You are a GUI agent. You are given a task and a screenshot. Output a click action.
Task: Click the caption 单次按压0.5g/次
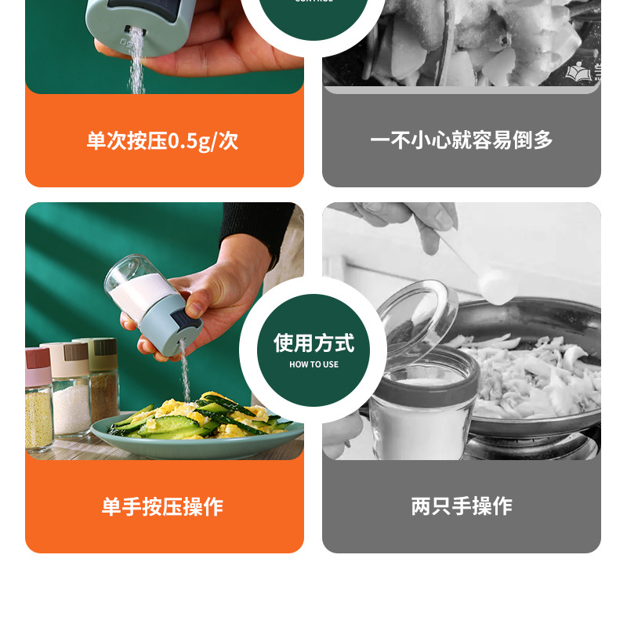click(x=162, y=141)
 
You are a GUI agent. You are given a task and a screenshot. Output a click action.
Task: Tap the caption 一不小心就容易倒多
click(x=461, y=140)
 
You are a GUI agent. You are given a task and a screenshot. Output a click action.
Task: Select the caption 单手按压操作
click(x=162, y=506)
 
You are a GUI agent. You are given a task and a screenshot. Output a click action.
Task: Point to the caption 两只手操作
click(x=461, y=506)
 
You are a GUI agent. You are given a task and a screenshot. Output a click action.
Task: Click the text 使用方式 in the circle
click(x=313, y=343)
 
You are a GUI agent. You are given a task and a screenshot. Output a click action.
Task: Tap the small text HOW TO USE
click(x=313, y=364)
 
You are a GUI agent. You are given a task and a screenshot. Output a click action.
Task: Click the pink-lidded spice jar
click(x=38, y=400)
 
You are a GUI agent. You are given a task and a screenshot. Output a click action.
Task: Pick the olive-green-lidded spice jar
click(x=100, y=376)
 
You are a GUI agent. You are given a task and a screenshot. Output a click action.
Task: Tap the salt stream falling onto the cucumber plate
click(x=185, y=376)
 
